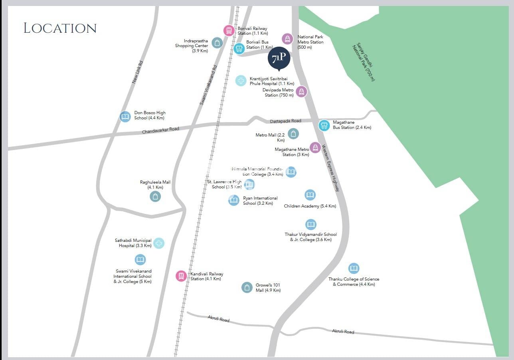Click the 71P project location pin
(279, 59)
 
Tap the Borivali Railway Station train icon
(229, 30)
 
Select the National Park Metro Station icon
(287, 39)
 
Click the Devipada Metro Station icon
(301, 91)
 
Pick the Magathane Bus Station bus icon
(324, 125)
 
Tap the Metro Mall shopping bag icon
(293, 134)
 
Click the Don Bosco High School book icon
(125, 117)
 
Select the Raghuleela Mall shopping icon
(155, 196)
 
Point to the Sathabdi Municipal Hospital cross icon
(159, 243)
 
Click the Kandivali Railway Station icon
(181, 276)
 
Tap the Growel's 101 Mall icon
(247, 287)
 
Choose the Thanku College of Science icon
(354, 268)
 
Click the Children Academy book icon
(310, 195)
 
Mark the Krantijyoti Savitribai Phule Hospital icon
(241, 81)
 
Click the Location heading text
(60, 28)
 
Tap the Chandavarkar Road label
(160, 130)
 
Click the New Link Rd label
(137, 72)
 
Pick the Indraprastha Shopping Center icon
(217, 43)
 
